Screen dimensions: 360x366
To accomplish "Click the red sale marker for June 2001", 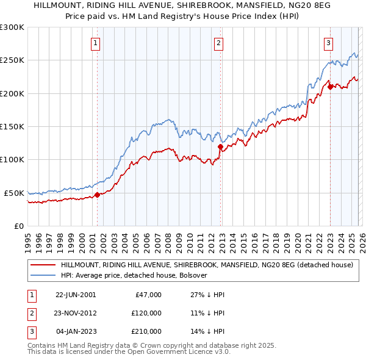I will (x=97, y=195).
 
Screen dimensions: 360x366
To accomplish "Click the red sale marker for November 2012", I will (x=221, y=146).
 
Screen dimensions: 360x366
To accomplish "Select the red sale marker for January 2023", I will (x=330, y=87).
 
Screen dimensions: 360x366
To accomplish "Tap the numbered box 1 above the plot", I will (x=96, y=43).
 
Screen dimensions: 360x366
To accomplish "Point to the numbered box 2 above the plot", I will (x=218, y=43).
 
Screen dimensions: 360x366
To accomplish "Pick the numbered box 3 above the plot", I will (x=328, y=43).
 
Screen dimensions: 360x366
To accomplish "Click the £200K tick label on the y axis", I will (x=12, y=93).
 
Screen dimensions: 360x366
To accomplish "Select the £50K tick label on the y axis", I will (x=15, y=193).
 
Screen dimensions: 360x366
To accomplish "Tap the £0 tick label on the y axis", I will (x=20, y=226).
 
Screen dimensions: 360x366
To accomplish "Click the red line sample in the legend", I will (x=43, y=265).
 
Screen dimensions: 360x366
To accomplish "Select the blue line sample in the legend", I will (x=43, y=275).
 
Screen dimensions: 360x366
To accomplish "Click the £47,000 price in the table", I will (x=147, y=294).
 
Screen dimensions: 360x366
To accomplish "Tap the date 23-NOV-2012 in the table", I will (x=76, y=313).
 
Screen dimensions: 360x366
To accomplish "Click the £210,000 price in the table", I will (x=145, y=332).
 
